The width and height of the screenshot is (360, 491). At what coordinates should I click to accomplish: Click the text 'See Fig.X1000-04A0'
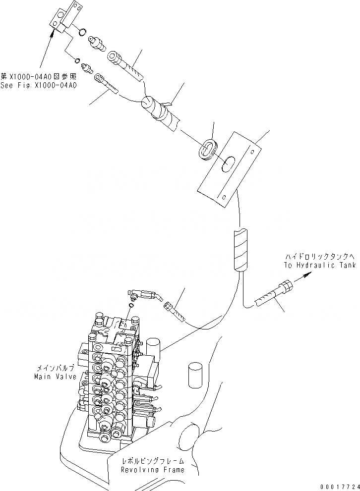click(38, 85)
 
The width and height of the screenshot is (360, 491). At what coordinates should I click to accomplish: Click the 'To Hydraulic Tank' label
click(320, 266)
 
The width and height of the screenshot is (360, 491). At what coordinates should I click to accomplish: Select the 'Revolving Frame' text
click(153, 470)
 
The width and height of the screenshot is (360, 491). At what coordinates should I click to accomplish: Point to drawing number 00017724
click(339, 487)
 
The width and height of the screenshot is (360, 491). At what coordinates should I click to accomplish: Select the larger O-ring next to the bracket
click(82, 33)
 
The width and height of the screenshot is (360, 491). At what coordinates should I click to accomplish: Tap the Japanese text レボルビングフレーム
click(153, 461)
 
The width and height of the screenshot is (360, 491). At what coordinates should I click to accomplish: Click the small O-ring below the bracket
click(77, 60)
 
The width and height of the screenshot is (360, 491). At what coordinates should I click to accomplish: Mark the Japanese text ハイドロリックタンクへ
click(320, 257)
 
